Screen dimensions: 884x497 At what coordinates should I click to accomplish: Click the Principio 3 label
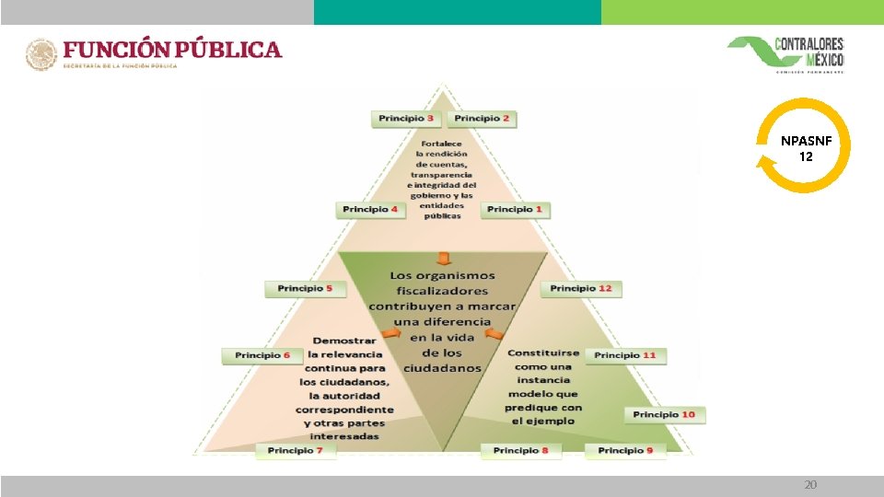408,119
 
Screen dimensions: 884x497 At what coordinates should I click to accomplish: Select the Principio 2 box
482,119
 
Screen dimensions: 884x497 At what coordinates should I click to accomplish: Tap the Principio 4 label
371,210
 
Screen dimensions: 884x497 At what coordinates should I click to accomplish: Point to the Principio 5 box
305,289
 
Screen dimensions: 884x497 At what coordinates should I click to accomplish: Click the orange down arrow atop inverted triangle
443,257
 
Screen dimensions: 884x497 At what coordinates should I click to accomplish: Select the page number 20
810,485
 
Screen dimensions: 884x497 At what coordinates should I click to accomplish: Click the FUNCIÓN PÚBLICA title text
172,49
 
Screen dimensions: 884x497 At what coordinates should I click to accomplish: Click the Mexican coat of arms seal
41,54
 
